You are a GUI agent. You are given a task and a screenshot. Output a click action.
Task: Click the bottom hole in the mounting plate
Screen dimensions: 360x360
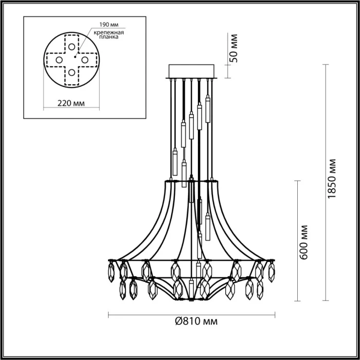[70, 73]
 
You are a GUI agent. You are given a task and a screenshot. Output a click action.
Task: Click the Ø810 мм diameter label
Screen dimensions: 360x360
[193, 321]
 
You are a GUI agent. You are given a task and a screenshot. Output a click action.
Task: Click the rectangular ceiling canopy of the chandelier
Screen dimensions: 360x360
[192, 71]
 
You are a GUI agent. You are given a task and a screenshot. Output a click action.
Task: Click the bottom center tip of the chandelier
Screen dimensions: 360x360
[191, 298]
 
